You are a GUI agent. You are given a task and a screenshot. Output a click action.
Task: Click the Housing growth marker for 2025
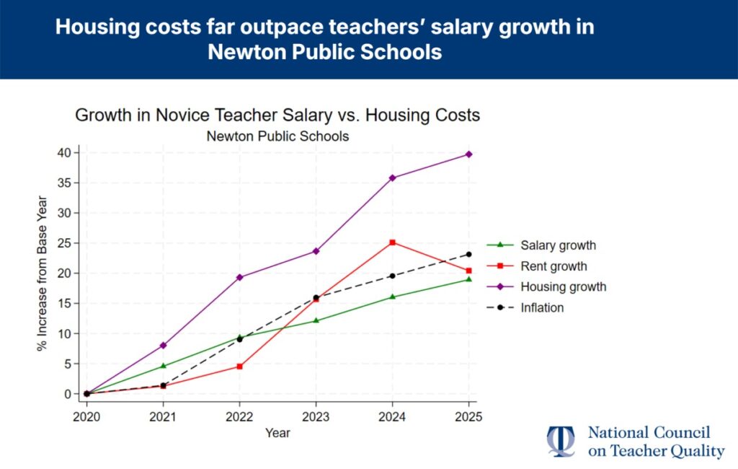click(x=468, y=154)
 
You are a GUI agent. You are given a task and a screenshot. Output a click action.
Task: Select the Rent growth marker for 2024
click(x=392, y=242)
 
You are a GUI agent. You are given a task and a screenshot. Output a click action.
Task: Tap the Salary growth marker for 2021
click(x=163, y=366)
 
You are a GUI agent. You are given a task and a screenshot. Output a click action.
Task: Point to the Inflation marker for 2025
click(x=468, y=254)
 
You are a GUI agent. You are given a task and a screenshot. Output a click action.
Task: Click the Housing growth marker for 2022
click(x=239, y=277)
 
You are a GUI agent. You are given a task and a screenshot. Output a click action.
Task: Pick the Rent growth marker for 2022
click(x=239, y=367)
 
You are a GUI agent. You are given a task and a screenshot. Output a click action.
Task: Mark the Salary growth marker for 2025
click(x=468, y=279)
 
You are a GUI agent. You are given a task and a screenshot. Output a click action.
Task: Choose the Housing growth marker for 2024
click(x=392, y=177)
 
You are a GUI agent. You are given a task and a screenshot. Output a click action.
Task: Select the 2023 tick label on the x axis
click(x=316, y=417)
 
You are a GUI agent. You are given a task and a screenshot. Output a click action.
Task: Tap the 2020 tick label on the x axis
click(x=86, y=417)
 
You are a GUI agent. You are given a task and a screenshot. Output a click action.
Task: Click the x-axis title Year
click(x=277, y=433)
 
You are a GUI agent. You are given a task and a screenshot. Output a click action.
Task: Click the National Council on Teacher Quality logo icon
click(x=561, y=442)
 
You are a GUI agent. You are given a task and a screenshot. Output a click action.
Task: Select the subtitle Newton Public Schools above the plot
click(x=277, y=136)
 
